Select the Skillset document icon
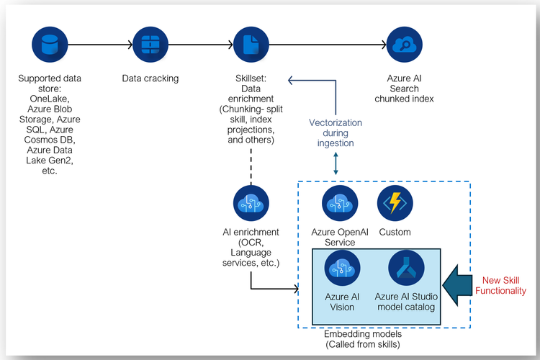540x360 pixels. pyautogui.click(x=251, y=46)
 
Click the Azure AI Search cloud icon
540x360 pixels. pyautogui.click(x=404, y=46)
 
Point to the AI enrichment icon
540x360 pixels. pyautogui.click(x=251, y=204)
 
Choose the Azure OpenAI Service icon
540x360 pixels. pyautogui.click(x=339, y=204)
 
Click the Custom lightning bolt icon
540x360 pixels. pyautogui.click(x=395, y=204)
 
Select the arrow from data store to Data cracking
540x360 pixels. pyautogui.click(x=99, y=46)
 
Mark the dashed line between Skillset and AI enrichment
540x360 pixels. pyautogui.click(x=251, y=161)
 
